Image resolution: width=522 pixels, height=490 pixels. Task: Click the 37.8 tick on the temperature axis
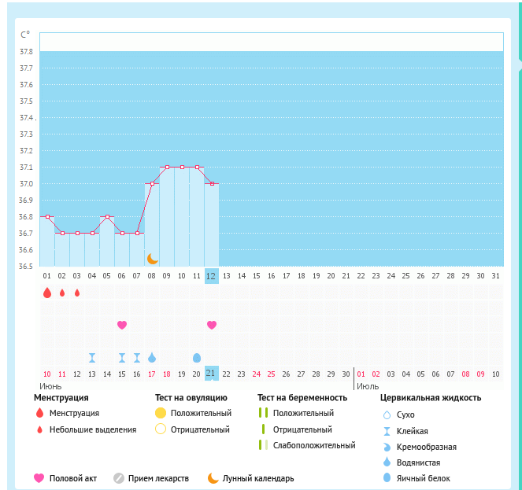click(x=26, y=52)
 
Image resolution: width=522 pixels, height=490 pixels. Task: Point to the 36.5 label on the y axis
click(x=26, y=267)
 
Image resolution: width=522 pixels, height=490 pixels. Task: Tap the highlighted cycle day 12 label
click(x=211, y=275)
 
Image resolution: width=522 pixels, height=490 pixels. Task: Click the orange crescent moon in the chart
click(x=153, y=258)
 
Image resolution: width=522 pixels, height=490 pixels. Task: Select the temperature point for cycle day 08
click(x=152, y=183)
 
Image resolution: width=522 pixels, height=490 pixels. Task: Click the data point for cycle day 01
click(x=47, y=216)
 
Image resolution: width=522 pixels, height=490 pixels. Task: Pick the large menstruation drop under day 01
click(x=47, y=293)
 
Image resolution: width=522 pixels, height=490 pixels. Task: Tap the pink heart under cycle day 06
click(x=122, y=325)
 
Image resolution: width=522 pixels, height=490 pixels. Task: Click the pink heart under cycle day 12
click(x=211, y=325)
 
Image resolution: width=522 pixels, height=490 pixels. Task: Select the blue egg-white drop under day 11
click(x=197, y=357)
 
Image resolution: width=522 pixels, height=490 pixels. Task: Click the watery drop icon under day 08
click(x=152, y=357)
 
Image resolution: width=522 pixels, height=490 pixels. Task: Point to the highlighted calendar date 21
click(x=211, y=374)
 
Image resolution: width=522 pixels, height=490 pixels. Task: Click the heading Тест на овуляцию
click(x=191, y=398)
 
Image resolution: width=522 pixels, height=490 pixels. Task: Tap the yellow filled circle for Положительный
click(x=161, y=413)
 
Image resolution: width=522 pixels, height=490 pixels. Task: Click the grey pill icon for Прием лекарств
click(x=119, y=477)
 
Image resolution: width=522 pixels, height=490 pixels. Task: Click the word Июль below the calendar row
click(x=367, y=386)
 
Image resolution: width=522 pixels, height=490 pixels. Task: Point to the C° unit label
click(x=25, y=34)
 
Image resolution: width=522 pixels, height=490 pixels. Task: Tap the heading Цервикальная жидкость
click(x=431, y=398)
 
